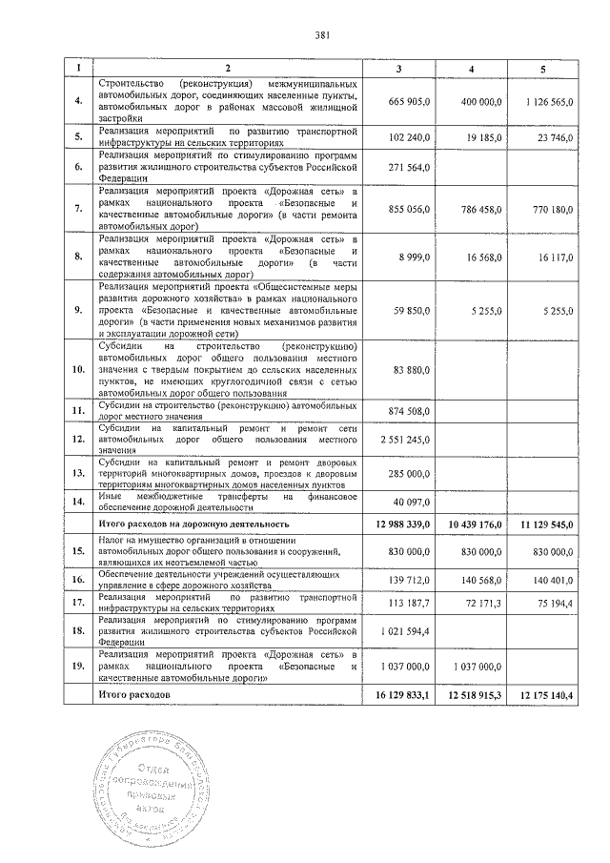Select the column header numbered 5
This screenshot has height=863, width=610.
pyautogui.click(x=543, y=69)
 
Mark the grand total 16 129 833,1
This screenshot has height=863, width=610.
pyautogui.click(x=403, y=696)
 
